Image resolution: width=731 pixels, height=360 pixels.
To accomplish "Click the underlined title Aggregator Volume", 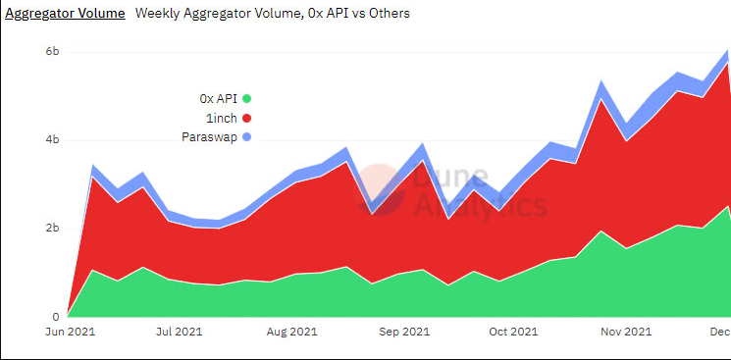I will click(x=65, y=14).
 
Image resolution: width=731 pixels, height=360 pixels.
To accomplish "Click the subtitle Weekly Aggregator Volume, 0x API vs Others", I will click(x=272, y=14).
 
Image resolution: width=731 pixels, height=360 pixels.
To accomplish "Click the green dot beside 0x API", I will click(x=247, y=98).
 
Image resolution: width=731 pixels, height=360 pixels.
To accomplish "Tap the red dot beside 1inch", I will click(x=247, y=118).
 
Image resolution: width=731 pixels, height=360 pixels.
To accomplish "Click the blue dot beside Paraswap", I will click(x=247, y=136).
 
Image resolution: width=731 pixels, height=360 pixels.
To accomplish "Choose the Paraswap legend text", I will click(x=210, y=136).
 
